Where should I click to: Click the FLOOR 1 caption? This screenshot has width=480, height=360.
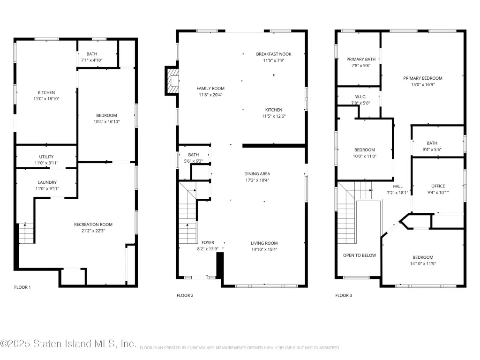point(22,287)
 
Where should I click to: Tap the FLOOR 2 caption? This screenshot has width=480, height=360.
point(185,295)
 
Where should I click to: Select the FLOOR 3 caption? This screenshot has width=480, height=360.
point(344,295)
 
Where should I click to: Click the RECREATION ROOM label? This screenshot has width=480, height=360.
point(93,225)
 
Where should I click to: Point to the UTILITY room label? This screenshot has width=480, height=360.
point(46,157)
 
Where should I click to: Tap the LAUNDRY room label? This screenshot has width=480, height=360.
point(47,182)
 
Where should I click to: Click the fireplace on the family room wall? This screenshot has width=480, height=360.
point(172,81)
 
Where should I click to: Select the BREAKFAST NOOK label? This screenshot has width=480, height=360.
point(274,54)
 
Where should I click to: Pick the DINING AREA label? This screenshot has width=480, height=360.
point(257,174)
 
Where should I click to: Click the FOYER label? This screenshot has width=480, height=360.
point(208,242)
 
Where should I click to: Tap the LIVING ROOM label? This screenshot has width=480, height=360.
point(264,243)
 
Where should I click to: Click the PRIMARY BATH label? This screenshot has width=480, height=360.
point(361,60)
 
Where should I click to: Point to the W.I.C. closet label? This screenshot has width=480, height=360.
point(360,97)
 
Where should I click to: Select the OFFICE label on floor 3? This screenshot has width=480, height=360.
point(438,186)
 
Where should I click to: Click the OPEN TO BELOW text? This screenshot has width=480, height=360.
point(360,255)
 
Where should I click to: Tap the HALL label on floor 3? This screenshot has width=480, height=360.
point(397,187)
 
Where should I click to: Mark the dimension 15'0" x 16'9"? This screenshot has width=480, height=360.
point(423,84)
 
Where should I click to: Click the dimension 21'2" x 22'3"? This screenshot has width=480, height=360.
point(93,231)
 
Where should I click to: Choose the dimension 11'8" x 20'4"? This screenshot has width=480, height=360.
point(210,95)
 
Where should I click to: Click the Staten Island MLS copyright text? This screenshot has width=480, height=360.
point(68,344)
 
